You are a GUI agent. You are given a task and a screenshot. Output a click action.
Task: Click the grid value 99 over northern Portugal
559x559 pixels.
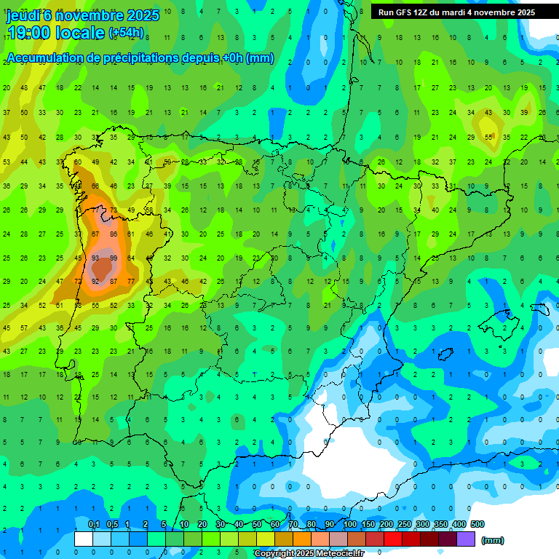tap(114, 258)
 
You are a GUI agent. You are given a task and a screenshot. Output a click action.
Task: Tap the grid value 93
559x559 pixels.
tap(95, 258)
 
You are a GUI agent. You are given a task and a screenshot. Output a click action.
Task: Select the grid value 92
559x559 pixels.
tap(95, 281)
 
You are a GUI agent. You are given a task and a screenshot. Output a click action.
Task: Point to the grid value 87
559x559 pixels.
tap(95, 234)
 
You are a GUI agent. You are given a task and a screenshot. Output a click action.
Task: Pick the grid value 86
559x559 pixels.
tap(114, 234)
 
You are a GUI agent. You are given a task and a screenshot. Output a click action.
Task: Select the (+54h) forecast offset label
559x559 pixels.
tap(126, 33)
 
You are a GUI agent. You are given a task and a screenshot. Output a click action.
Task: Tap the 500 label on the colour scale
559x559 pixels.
tap(477, 524)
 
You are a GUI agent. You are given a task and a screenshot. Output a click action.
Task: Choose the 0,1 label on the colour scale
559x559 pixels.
tap(93, 524)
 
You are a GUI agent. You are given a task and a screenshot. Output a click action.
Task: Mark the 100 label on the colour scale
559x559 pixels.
tap(350, 524)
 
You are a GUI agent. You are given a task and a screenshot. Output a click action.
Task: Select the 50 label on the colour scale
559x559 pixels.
tap(258, 524)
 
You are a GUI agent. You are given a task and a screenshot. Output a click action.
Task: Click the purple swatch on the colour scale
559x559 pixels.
tap(466, 539)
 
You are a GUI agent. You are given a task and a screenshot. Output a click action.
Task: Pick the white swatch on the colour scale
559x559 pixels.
tap(84, 539)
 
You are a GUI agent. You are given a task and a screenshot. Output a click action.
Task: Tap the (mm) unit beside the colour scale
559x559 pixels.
tap(493, 540)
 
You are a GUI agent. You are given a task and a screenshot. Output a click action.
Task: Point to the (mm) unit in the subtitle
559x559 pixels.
tap(261, 58)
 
